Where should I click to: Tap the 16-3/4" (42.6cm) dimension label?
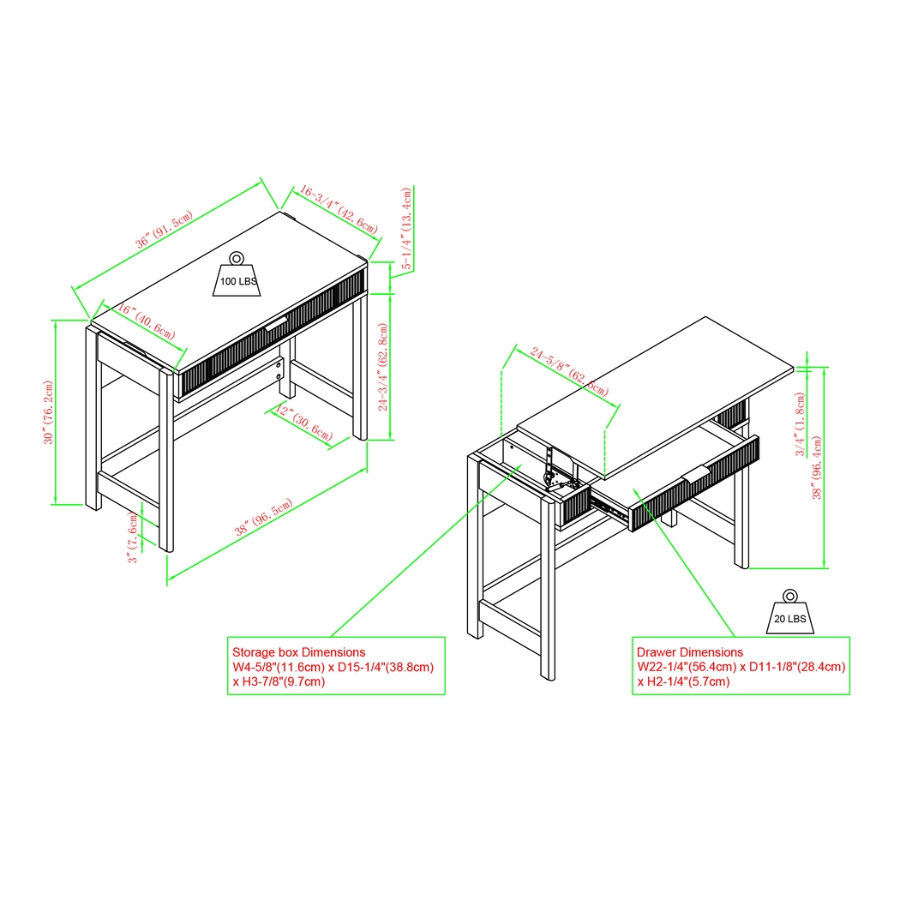pos(336,212)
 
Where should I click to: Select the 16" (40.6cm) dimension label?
pos(147,321)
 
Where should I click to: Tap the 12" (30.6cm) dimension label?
pos(305,423)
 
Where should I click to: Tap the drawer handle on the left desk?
pos(276,324)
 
